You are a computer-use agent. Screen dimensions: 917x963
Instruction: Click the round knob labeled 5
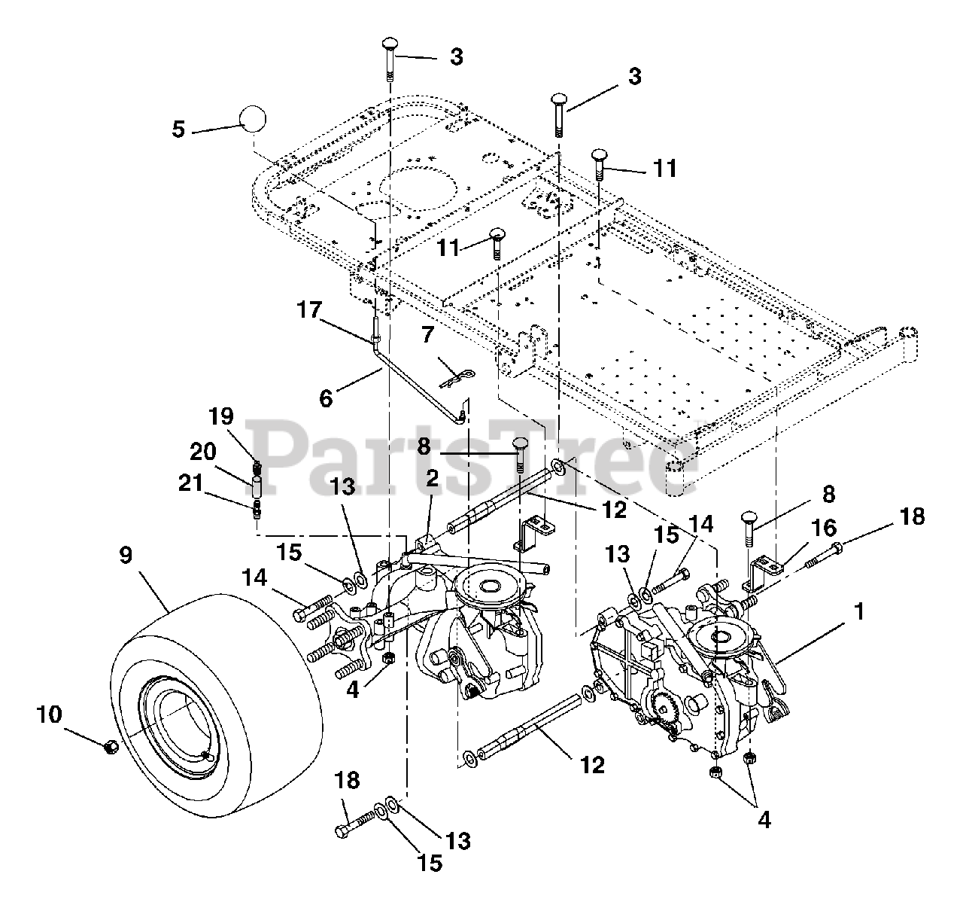click(254, 120)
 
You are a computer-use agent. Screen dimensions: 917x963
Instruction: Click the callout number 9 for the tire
click(126, 556)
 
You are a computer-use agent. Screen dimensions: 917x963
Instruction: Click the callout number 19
click(222, 416)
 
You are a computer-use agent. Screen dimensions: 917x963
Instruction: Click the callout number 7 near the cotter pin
click(428, 334)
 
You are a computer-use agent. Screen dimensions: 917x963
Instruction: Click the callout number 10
click(50, 713)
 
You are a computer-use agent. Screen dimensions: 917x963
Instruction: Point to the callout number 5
click(178, 129)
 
